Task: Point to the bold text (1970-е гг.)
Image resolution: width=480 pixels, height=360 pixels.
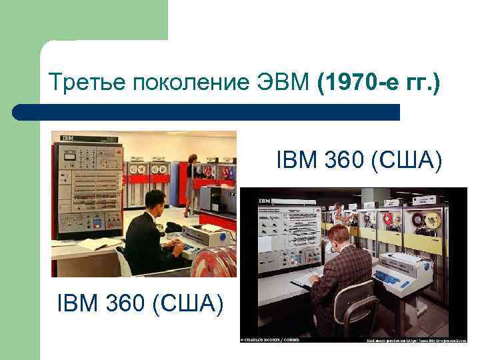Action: (379, 83)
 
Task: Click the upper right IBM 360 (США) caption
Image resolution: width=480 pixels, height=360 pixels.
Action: (359, 161)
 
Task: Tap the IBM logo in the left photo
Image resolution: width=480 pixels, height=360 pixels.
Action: (67, 138)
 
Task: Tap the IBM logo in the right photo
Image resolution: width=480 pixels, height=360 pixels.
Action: (265, 200)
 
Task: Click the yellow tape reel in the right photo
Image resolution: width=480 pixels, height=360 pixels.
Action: (434, 219)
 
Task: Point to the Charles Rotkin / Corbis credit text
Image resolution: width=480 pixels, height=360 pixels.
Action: (270, 341)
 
